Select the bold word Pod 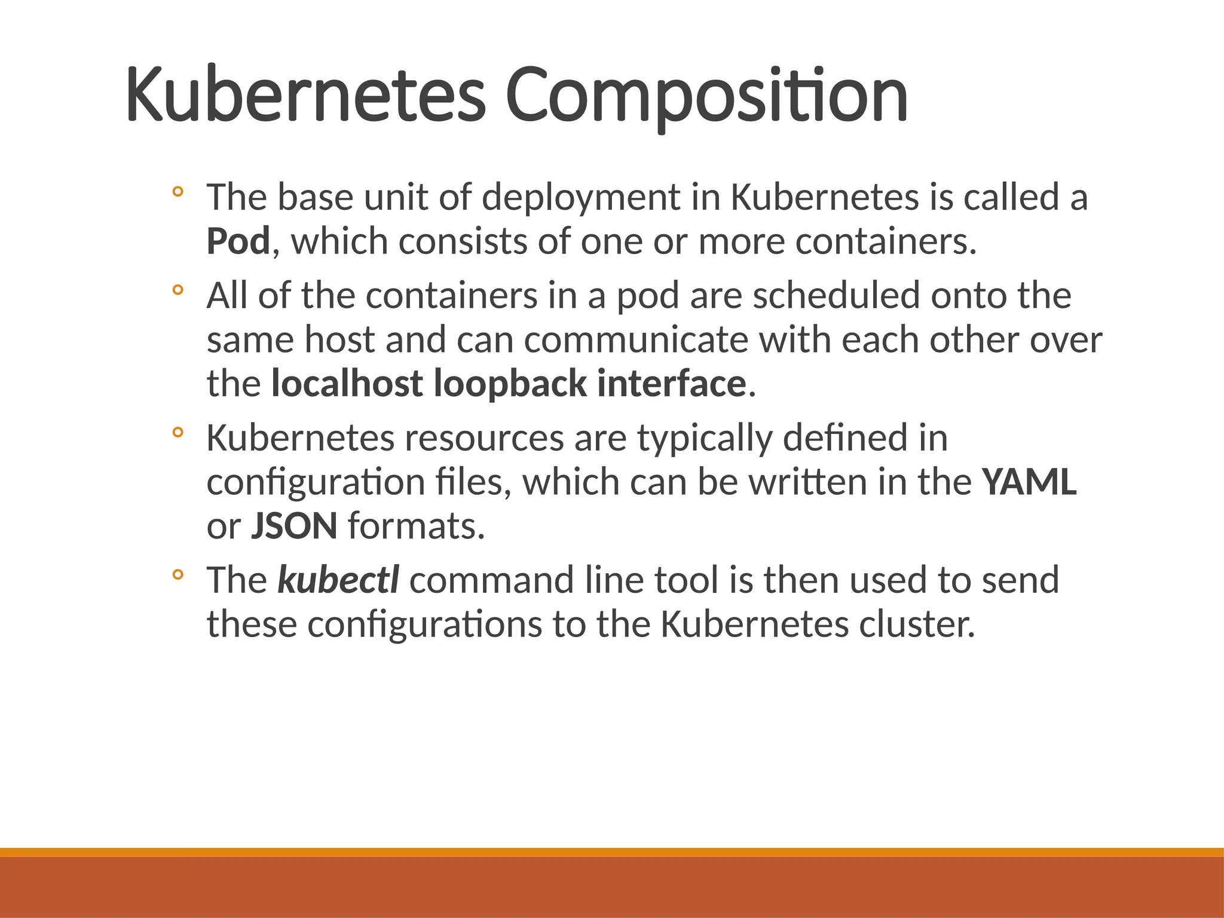(x=238, y=241)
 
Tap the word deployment (x=581, y=197)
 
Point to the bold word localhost (x=347, y=384)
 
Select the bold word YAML (x=1029, y=482)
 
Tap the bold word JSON (x=294, y=526)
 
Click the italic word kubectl (x=338, y=580)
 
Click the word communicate (x=636, y=339)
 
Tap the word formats (x=416, y=526)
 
